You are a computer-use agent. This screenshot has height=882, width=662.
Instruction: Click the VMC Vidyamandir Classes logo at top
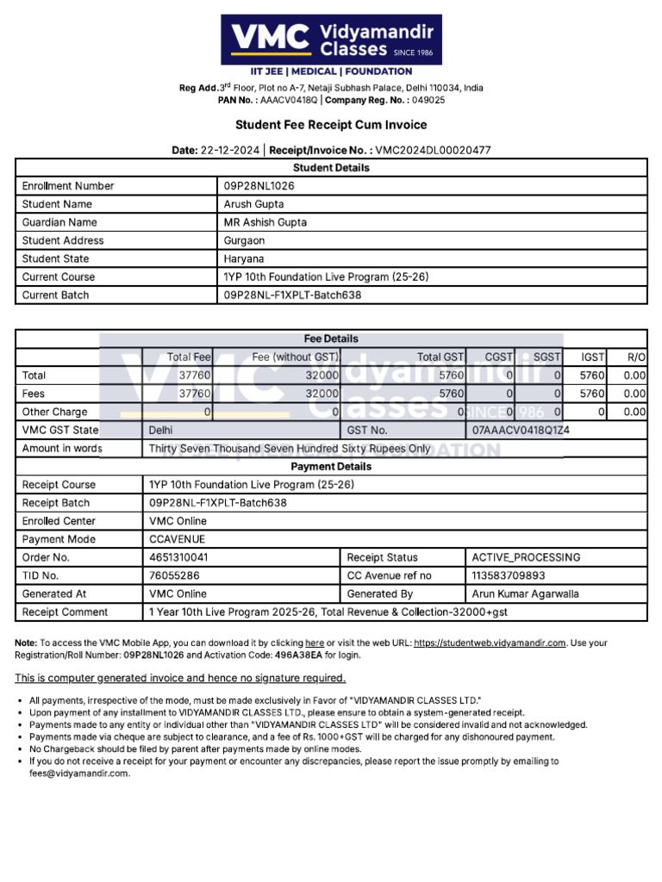(x=331, y=40)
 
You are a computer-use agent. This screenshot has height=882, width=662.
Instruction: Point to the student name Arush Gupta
(x=253, y=204)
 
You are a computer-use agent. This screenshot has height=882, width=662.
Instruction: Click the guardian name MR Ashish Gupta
(x=265, y=222)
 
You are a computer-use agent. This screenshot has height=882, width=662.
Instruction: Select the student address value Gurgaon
(x=244, y=240)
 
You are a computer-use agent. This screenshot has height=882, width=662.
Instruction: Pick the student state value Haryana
(x=244, y=258)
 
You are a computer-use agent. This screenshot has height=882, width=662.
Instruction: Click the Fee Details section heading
(x=331, y=339)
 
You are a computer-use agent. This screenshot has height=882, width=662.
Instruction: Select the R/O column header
(x=636, y=357)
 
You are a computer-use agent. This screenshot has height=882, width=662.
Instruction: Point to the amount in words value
(x=289, y=449)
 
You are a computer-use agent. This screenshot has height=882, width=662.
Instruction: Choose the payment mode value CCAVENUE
(x=177, y=539)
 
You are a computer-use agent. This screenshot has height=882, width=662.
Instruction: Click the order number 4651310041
(x=178, y=557)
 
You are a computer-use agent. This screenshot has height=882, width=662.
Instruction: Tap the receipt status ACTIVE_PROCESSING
(x=526, y=557)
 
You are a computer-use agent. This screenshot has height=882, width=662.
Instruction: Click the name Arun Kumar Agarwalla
(x=526, y=593)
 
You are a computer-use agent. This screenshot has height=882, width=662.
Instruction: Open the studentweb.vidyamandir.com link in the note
(x=490, y=643)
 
